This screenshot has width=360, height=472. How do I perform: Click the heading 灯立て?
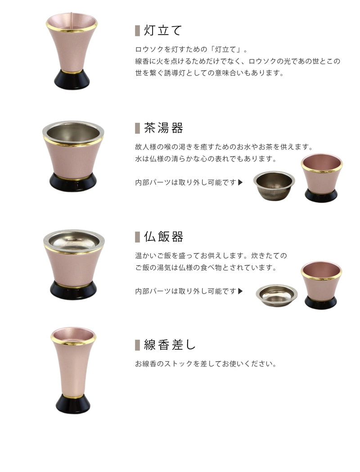point(162,31)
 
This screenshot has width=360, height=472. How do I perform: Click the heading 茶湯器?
point(163,128)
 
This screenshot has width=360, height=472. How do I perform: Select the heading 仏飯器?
point(163,237)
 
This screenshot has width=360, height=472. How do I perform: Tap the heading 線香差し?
point(170,345)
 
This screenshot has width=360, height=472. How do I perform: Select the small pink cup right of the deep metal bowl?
point(321,178)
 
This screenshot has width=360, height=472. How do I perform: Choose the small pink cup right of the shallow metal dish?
point(321,285)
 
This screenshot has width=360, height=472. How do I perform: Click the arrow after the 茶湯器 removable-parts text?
point(240,183)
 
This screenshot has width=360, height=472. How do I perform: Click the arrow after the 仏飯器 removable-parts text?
point(240,291)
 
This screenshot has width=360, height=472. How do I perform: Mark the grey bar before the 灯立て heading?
point(137,31)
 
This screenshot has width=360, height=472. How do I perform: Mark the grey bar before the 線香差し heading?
point(137,345)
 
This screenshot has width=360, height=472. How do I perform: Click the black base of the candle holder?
point(72,80)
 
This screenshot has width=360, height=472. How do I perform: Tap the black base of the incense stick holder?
point(73,403)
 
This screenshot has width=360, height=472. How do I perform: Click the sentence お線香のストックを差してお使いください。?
point(205,363)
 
